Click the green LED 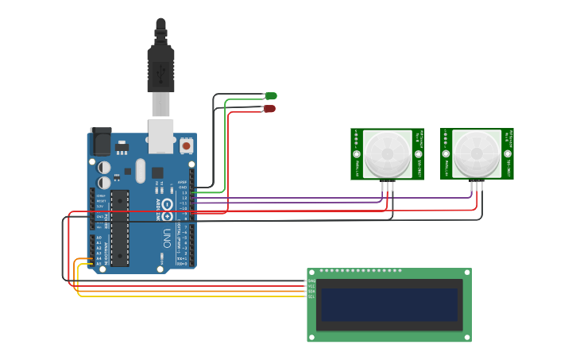(x=271, y=96)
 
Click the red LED (x=269, y=108)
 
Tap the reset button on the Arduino (x=186, y=145)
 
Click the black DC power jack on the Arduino (x=101, y=142)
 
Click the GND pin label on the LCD (x=311, y=281)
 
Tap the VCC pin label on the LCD (x=311, y=286)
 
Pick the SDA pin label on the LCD (x=311, y=292)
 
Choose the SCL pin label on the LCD (x=311, y=296)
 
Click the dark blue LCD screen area (x=389, y=304)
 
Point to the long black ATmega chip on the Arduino (x=119, y=227)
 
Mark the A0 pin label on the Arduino (x=99, y=238)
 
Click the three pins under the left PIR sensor (x=387, y=186)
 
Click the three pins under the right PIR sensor (x=477, y=186)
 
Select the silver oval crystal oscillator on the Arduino (x=141, y=170)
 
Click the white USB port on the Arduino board (x=161, y=135)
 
